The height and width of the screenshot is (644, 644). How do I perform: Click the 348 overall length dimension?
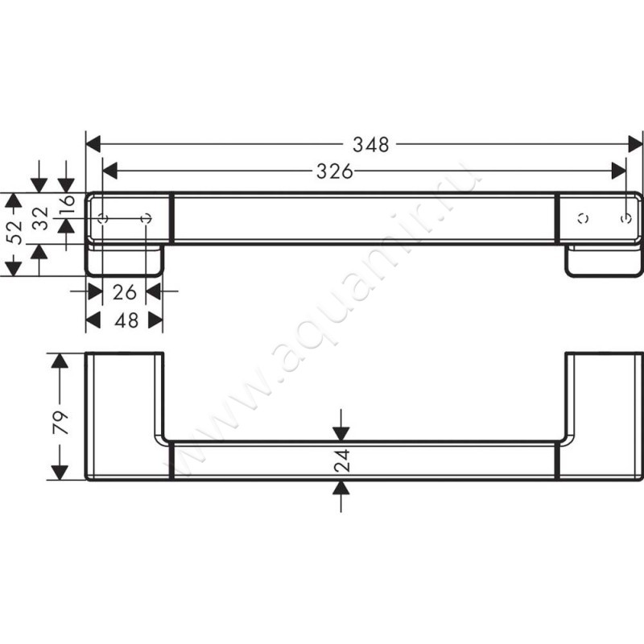tap(371, 145)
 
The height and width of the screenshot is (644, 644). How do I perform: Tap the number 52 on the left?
tap(12, 234)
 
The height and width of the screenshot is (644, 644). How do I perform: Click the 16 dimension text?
tap(68, 205)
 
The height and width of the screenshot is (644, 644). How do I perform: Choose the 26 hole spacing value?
tap(124, 291)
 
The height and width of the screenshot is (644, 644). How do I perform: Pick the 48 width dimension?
tap(124, 320)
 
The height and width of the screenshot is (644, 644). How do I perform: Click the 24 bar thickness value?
tap(342, 460)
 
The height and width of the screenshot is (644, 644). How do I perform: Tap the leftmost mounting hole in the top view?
tap(102, 219)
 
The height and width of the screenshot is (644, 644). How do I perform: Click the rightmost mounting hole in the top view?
tap(627, 218)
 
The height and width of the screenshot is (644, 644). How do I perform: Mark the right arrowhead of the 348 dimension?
tap(634, 145)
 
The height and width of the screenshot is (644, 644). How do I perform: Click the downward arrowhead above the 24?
tap(342, 434)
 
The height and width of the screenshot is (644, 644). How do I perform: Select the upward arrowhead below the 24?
tap(342, 488)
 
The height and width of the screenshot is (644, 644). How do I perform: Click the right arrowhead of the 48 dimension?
tap(155, 320)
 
